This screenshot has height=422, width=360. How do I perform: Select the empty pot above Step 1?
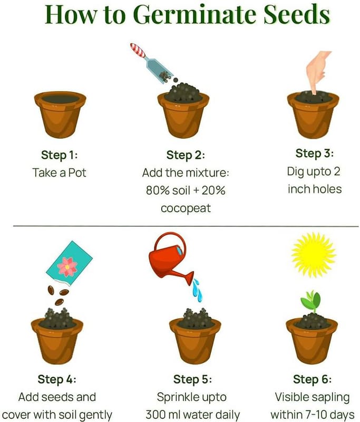(x=60, y=114)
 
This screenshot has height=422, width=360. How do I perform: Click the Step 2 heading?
(x=186, y=155)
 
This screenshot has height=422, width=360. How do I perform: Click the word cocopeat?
(x=186, y=209)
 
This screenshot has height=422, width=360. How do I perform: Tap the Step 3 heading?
(x=315, y=154)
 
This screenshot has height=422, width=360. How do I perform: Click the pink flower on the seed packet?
(x=67, y=267)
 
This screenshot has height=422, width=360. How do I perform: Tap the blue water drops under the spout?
(x=197, y=290)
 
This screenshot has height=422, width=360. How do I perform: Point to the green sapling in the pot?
(x=311, y=301)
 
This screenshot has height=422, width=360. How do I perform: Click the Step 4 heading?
(x=57, y=379)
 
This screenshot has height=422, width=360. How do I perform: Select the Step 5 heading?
(x=192, y=379)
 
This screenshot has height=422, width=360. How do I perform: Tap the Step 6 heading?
(x=312, y=379)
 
